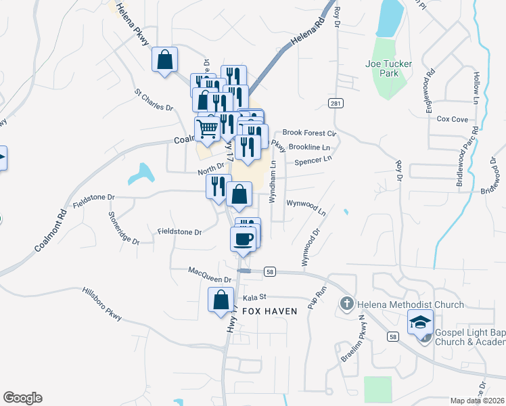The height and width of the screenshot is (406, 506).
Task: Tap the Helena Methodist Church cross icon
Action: pos(347,304)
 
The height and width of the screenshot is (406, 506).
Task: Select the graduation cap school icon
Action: pos(420,323)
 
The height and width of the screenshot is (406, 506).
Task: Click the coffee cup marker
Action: pos(244,238)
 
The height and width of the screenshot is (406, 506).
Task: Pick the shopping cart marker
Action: pos(208,127)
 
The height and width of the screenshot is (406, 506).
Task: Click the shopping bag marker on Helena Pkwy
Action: pos(164,60)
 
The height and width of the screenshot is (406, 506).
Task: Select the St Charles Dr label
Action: pos(154,99)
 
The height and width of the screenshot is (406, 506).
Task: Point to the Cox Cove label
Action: pos(453,119)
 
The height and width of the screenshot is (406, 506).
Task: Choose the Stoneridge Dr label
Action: pos(123,227)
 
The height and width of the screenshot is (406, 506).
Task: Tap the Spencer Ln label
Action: pos(313,159)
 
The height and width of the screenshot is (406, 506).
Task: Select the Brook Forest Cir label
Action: pos(309,133)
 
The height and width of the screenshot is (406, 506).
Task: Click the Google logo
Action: pos(22,398)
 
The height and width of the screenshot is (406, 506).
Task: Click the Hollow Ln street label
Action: pos(476,88)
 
